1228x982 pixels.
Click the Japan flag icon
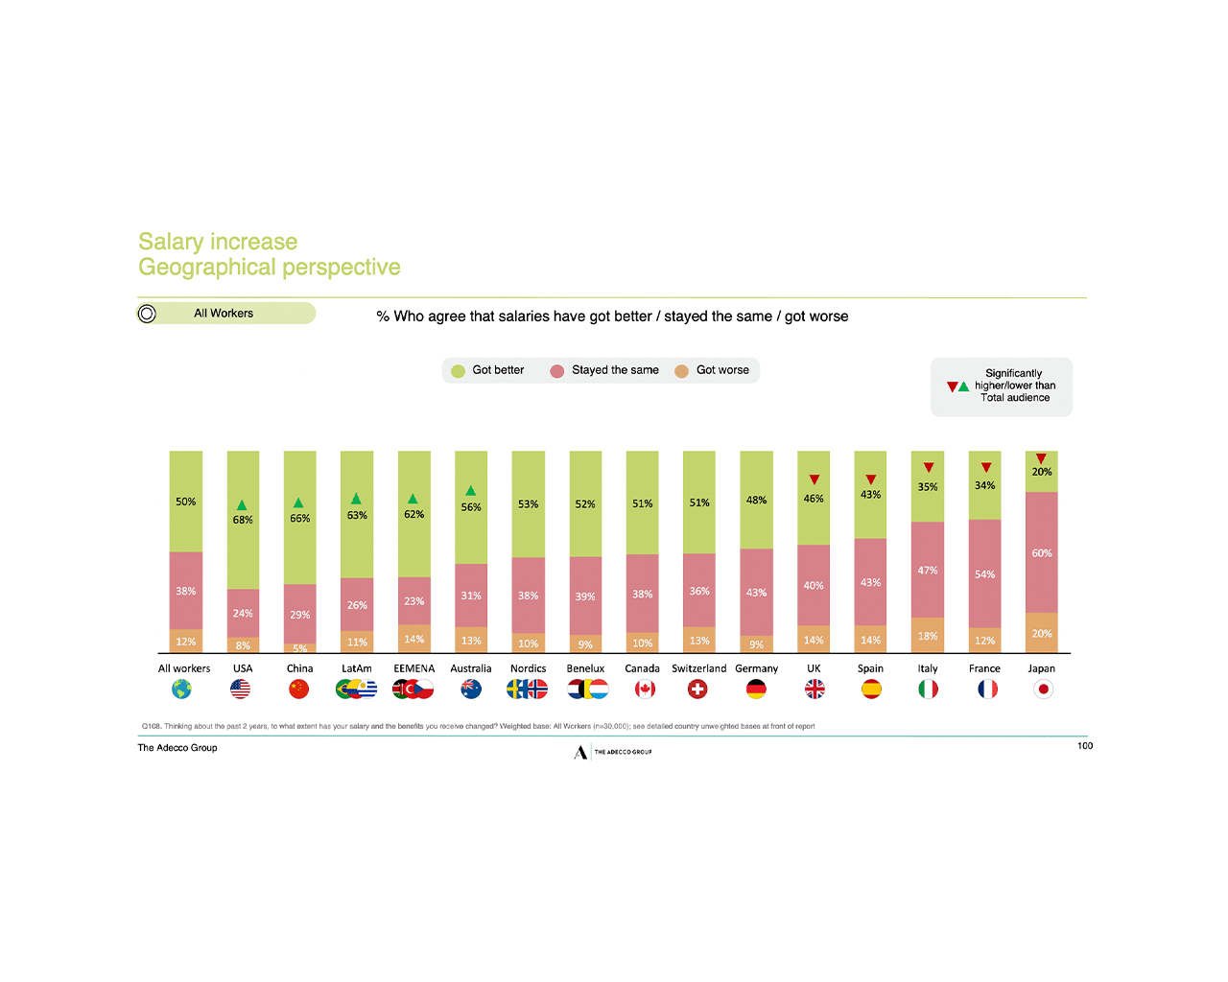click(1043, 690)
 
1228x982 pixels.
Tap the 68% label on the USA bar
click(243, 520)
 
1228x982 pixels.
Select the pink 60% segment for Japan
click(1042, 552)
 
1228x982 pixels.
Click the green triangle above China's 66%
click(298, 503)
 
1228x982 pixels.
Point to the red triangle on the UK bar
click(814, 479)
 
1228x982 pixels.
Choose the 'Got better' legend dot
click(459, 371)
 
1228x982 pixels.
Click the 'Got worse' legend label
click(722, 370)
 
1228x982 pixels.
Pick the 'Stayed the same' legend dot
click(556, 371)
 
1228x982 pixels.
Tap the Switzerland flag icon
click(698, 690)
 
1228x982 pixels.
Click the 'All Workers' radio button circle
click(147, 314)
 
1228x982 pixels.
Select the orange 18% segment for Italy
click(928, 635)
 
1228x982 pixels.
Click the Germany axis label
click(756, 668)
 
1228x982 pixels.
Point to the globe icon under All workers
click(181, 690)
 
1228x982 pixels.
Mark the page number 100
click(1085, 746)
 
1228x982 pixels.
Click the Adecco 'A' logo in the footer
click(580, 753)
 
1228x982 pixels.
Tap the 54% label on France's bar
click(985, 574)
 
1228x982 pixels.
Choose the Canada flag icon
click(645, 690)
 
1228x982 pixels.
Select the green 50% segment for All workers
click(185, 502)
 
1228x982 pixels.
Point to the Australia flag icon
click(471, 690)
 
